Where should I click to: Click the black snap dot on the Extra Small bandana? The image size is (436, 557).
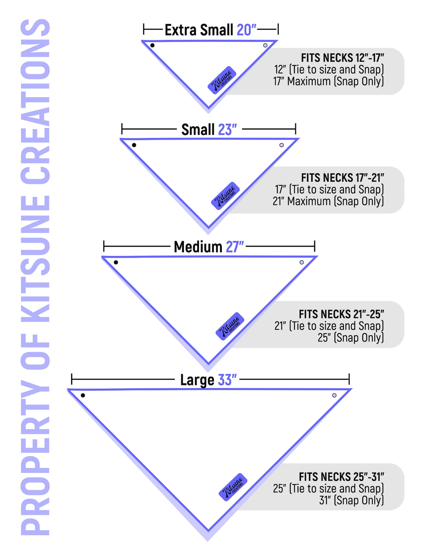click(152, 45)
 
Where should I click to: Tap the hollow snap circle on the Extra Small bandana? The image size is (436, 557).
click(265, 45)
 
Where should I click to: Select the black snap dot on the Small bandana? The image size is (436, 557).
click(134, 145)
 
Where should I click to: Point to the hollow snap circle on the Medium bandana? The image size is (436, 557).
click(302, 262)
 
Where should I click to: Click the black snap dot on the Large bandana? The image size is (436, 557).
click(83, 395)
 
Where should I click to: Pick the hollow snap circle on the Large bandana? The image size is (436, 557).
click(334, 395)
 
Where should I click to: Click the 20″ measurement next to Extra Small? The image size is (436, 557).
click(246, 30)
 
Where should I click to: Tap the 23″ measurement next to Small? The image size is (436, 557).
click(227, 130)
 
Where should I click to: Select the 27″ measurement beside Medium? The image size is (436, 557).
click(235, 247)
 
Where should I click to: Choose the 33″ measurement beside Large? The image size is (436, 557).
click(227, 380)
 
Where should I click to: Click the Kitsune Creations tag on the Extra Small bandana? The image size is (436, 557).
click(222, 80)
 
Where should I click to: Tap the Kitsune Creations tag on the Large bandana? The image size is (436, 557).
click(233, 487)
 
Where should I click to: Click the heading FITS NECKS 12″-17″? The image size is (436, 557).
click(342, 58)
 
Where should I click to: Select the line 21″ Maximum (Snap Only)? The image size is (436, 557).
click(328, 201)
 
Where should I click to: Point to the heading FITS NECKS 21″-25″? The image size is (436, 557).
click(341, 314)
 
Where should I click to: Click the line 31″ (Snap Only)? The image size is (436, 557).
click(351, 500)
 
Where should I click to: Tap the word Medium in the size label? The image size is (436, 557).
click(198, 247)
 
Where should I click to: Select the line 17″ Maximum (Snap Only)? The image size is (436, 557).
click(329, 82)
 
